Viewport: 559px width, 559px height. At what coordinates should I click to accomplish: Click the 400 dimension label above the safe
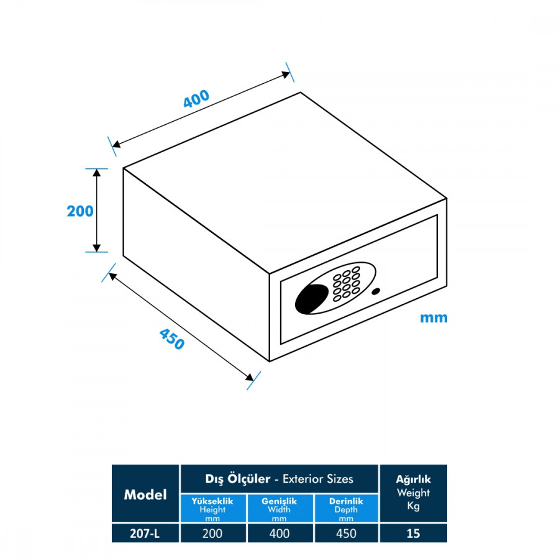tap(196, 99)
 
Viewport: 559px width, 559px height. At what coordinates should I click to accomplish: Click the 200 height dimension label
tap(80, 211)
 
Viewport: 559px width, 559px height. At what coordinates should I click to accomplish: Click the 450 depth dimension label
tap(172, 339)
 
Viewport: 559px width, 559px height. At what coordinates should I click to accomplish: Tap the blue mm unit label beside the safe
tap(434, 318)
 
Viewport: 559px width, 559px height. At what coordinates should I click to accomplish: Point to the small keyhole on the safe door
tap(375, 293)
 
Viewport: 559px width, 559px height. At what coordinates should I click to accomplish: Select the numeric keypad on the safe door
tap(345, 284)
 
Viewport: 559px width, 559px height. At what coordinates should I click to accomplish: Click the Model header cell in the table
tap(145, 494)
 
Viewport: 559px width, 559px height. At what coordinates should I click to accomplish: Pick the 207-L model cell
tap(145, 533)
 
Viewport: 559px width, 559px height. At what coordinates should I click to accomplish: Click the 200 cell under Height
tap(213, 533)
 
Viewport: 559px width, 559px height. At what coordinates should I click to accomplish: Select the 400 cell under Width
tap(280, 533)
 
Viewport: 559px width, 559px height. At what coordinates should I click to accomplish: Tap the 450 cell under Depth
tap(346, 533)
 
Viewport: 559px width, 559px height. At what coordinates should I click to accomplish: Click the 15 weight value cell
tap(413, 533)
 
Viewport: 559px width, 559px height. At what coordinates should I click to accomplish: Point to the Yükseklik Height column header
tap(213, 509)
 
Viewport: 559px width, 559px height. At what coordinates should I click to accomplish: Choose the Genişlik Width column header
tap(280, 509)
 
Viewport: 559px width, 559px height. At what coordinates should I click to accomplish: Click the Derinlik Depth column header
tap(346, 509)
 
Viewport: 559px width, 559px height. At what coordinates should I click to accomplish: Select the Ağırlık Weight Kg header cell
tap(413, 493)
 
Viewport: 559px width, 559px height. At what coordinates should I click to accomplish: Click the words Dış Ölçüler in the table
tap(238, 479)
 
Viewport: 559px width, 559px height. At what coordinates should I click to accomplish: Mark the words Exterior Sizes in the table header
tap(318, 479)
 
